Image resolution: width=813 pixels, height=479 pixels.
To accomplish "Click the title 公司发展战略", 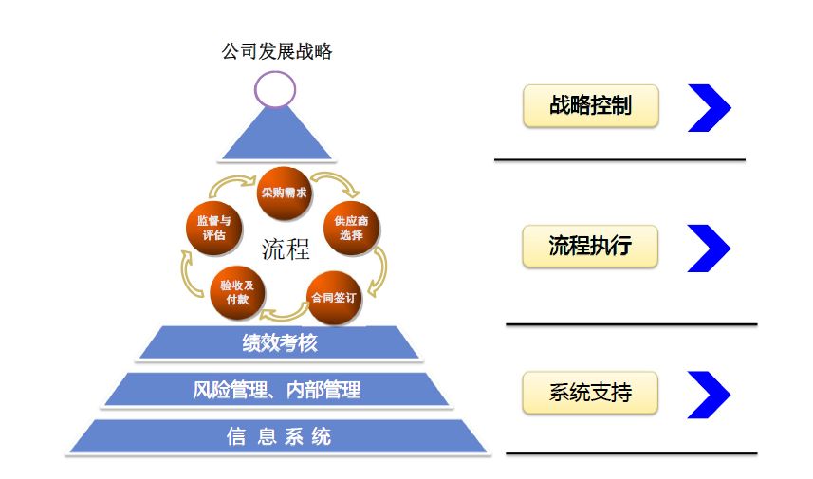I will click(277, 52).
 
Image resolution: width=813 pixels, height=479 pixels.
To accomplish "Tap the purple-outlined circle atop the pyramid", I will click(275, 90).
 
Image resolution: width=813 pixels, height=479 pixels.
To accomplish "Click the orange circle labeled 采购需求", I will click(285, 192).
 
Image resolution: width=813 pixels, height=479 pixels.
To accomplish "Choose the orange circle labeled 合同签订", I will click(332, 296).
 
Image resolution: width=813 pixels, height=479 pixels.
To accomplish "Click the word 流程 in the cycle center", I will click(286, 249).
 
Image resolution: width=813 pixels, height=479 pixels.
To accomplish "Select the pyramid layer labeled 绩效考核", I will click(279, 343).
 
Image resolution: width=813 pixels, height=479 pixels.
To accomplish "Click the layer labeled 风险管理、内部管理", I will click(276, 390).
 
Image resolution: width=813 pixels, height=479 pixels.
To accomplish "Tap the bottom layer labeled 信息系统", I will click(278, 436).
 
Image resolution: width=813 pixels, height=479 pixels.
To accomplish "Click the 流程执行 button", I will click(590, 247).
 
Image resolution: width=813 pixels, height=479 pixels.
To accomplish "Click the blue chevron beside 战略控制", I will click(710, 107).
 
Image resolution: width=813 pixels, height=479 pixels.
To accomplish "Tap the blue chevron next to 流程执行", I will click(710, 249).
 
